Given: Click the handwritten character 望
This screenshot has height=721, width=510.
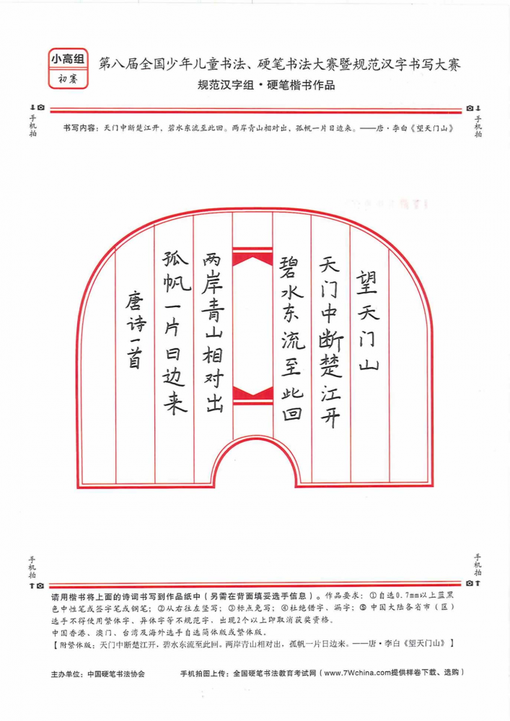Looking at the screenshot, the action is [x=366, y=282].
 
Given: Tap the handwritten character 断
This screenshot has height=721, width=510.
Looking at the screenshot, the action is [x=331, y=341].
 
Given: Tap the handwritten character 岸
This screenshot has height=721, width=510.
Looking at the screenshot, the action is [x=213, y=283].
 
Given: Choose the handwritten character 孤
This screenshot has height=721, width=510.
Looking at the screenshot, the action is [x=175, y=259].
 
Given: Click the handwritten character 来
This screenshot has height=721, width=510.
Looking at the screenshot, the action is [x=175, y=403].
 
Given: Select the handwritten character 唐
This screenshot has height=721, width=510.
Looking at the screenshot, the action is [x=135, y=301].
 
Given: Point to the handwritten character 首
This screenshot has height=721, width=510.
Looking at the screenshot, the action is [x=134, y=358].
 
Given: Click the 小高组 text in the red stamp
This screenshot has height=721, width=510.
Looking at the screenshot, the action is [x=68, y=59].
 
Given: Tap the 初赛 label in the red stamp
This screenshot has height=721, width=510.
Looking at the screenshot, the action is [x=68, y=79].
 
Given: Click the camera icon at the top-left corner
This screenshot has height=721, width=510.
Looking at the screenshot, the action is [x=41, y=107].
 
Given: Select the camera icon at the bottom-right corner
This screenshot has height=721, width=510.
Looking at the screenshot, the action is [x=470, y=583].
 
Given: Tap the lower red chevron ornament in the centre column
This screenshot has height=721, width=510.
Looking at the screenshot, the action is [x=252, y=395].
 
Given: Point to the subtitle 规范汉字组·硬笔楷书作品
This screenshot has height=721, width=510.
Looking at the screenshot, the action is [x=265, y=85].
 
